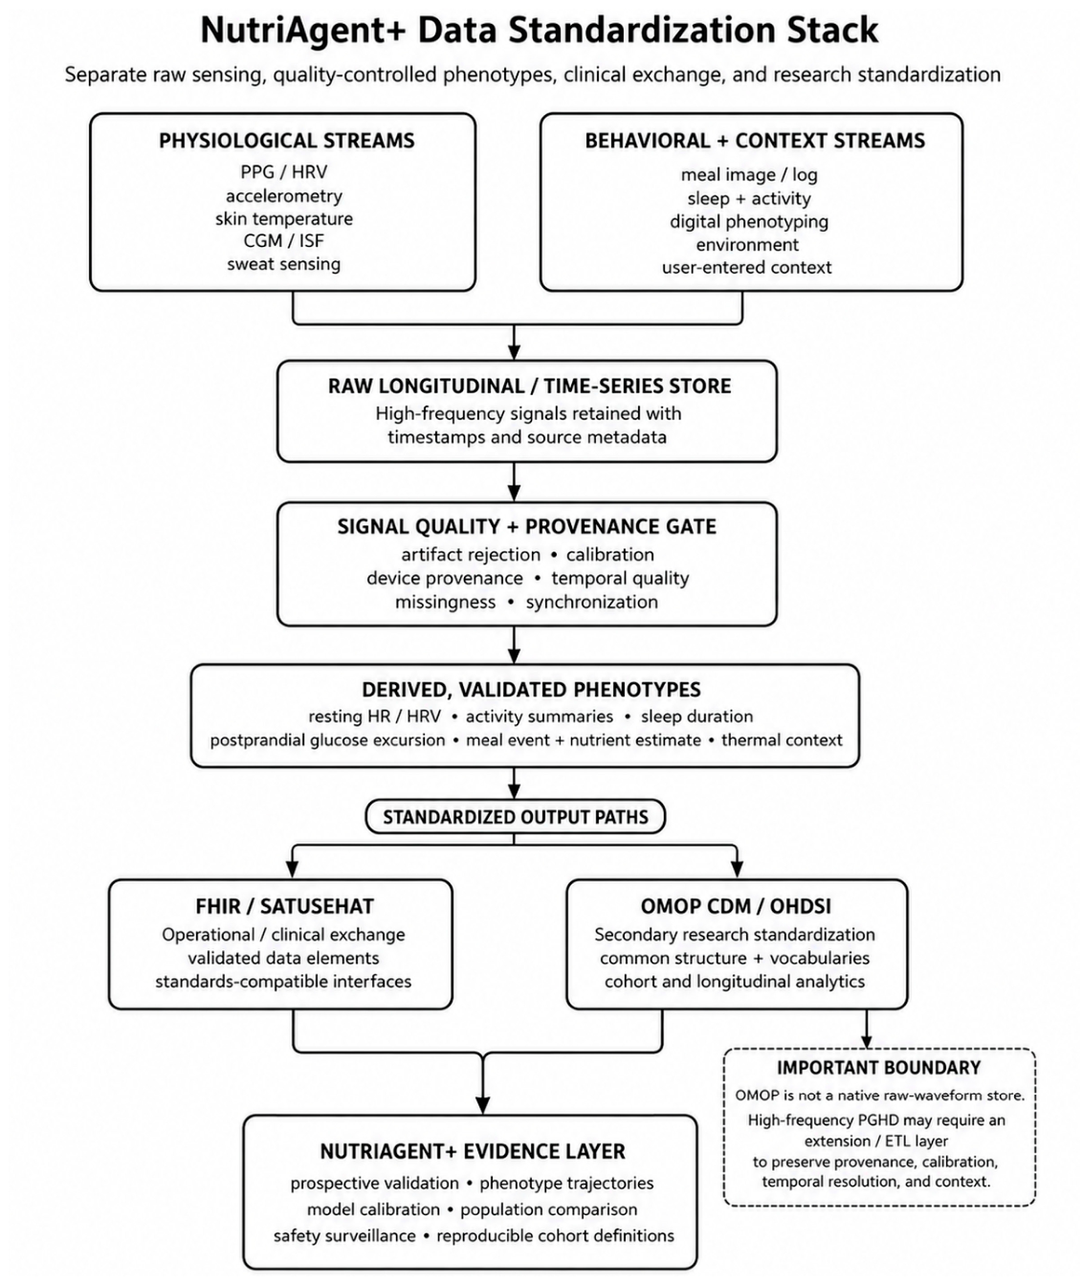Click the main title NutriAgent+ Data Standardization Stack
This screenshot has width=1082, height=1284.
[540, 30]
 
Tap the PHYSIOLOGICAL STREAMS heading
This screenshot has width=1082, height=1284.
[286, 141]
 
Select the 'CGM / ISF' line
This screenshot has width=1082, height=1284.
[283, 241]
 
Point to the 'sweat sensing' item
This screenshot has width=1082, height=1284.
[283, 264]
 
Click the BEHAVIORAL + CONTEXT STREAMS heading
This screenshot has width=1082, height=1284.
[754, 141]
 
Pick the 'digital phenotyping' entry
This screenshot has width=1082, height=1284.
[749, 221]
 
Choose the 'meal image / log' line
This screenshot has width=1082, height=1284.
[749, 175]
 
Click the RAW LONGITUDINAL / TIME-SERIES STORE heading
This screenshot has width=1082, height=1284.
[529, 387]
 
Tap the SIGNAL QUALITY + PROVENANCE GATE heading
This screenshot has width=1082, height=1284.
[527, 527]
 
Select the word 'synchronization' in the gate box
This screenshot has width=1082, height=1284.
[591, 602]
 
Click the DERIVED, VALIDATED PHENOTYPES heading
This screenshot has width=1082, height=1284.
[531, 690]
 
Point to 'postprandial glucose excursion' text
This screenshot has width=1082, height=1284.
[327, 741]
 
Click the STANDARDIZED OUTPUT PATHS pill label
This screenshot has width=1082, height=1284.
[516, 817]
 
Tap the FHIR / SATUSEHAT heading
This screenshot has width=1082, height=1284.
[284, 906]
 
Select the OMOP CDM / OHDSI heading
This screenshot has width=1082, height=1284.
[736, 906]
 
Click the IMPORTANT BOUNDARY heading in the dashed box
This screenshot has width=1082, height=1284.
[878, 1068]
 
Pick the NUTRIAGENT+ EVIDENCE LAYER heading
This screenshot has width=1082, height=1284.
[473, 1152]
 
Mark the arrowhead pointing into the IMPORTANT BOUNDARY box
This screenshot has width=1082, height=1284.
[866, 1041]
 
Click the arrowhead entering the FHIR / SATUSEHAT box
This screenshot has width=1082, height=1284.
[293, 869]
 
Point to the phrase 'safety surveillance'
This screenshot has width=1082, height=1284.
[344, 1236]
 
